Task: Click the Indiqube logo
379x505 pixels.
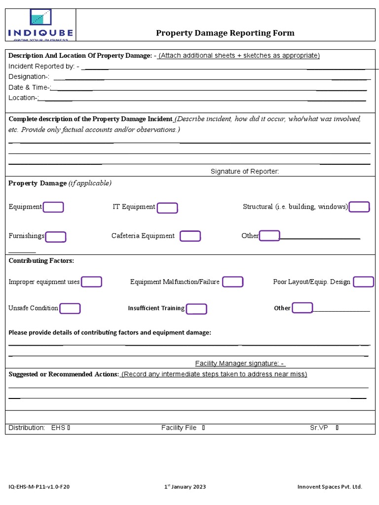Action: (40, 24)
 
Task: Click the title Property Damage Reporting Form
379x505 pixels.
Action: (225, 33)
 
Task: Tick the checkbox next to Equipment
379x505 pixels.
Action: (53, 207)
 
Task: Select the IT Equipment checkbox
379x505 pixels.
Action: (167, 208)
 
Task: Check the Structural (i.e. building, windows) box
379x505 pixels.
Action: (359, 207)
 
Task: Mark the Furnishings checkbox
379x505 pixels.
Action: (56, 237)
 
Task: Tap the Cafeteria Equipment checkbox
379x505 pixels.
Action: (190, 236)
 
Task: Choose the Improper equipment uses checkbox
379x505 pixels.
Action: (91, 282)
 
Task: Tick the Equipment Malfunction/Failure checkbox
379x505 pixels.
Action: (232, 282)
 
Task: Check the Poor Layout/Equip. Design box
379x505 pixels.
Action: (364, 282)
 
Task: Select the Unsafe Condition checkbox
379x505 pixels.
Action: (70, 308)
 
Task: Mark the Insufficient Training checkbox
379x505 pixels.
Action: (196, 309)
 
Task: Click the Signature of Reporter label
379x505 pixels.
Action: (245, 171)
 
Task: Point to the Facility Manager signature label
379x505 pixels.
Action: (240, 363)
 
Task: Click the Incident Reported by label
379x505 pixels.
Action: (41, 66)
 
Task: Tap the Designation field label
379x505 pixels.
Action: (29, 76)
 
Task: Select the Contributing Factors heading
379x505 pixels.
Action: (41, 260)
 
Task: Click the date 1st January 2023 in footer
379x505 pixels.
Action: (185, 487)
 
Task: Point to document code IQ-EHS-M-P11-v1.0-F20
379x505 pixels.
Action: (39, 487)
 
